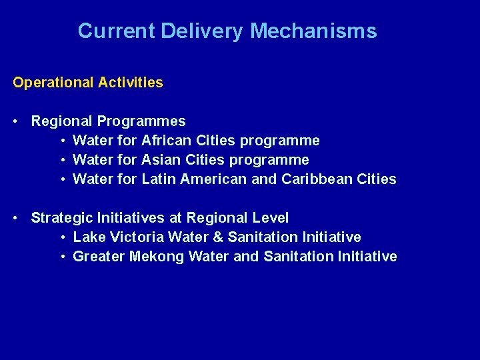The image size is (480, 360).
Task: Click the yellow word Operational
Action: [53, 83]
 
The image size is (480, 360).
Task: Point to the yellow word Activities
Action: [130, 83]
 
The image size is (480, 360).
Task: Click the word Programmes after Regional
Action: [141, 121]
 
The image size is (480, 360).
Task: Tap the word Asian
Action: [161, 160]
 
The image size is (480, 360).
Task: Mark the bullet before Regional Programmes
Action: [15, 121]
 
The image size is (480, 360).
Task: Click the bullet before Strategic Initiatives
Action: [15, 218]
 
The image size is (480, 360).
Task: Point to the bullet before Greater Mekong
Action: [61, 257]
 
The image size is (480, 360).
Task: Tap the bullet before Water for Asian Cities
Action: [61, 160]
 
